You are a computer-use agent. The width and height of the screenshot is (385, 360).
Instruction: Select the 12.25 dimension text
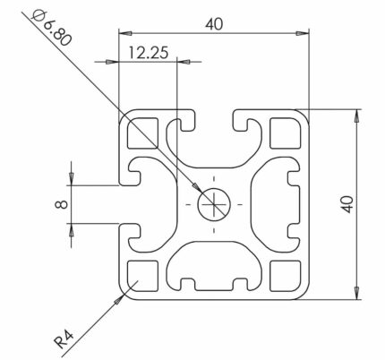pos(149,53)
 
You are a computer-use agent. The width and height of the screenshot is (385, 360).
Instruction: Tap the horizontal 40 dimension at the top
pos(214,24)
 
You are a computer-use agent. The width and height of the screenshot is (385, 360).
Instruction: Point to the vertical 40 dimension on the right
pos(347,204)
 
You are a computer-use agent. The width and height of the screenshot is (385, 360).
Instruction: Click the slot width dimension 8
pos(62,204)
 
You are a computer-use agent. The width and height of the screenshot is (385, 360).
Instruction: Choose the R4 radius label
pos(64,339)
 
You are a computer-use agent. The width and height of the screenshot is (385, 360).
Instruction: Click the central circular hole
pos(214,204)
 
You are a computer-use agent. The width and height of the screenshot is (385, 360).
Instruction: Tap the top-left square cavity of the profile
pos(142,133)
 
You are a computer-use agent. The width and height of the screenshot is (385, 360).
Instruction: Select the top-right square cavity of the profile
pos(285,133)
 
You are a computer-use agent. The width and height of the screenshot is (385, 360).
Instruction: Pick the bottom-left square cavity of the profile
pos(142,276)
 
